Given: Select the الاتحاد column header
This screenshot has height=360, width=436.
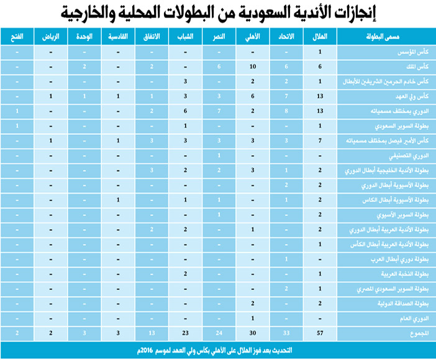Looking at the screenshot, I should tap(286, 38).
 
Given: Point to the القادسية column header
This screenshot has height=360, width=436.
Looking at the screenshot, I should tap(117, 38).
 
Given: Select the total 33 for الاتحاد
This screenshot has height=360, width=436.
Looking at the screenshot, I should tap(286, 333).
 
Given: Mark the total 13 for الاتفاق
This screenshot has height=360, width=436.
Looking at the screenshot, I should tap(152, 333).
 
